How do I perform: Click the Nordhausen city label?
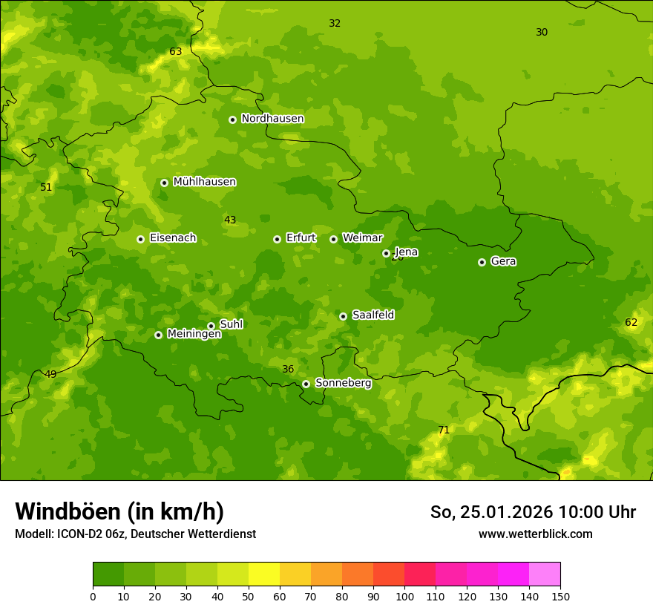[272, 119]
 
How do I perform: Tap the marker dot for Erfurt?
[277, 239]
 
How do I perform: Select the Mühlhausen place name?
[204, 182]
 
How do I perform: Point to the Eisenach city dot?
[140, 239]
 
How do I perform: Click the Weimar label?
[362, 238]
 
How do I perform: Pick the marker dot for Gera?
[482, 262]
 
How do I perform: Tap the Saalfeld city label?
[373, 315]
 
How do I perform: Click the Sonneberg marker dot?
[306, 384]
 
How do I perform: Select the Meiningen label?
[194, 335]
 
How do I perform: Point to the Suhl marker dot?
[211, 326]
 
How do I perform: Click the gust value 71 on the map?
[444, 430]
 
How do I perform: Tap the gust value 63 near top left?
[175, 52]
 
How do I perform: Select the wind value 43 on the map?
[230, 220]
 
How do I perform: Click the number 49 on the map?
[50, 375]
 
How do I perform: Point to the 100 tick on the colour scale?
[404, 596]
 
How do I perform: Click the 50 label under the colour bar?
[249, 596]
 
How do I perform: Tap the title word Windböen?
[67, 512]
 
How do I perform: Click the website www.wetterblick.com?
[535, 534]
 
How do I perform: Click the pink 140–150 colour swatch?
[545, 574]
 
